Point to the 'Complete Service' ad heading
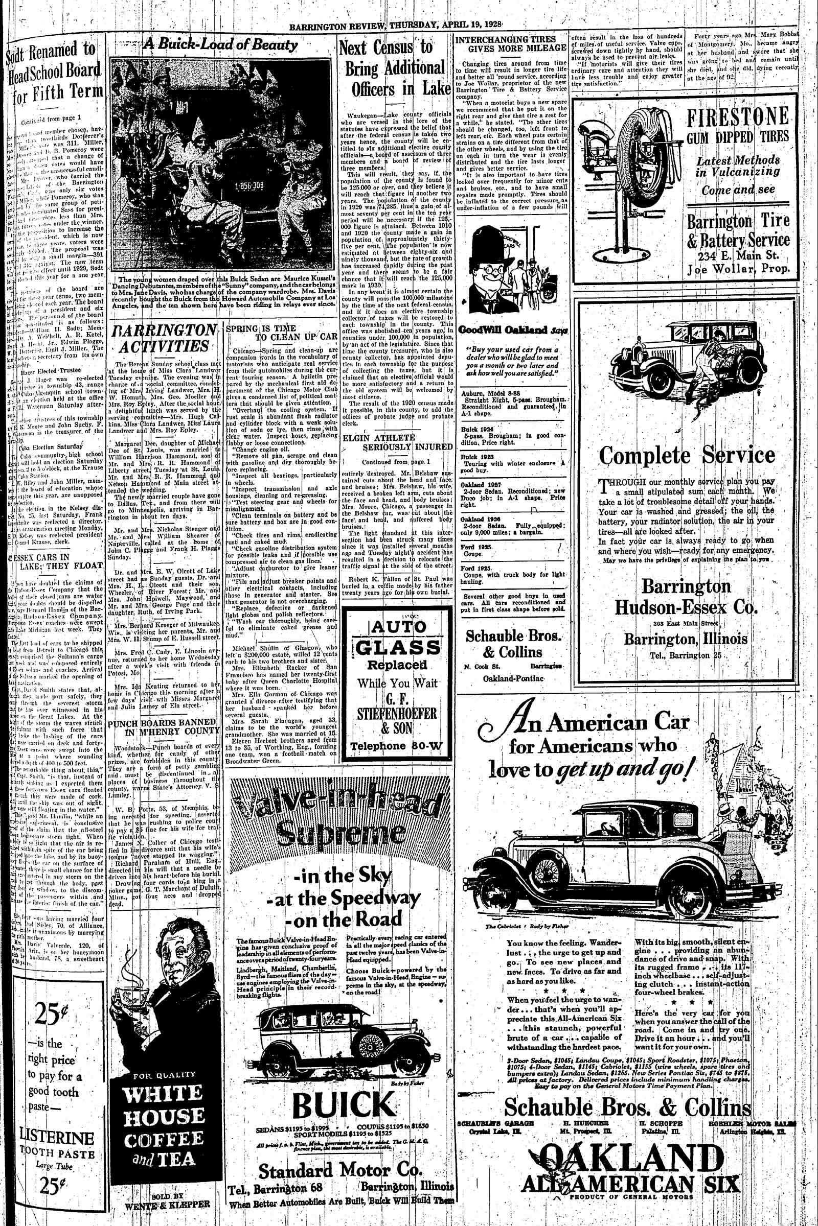[x=687, y=455]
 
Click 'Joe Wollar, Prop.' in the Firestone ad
[x=737, y=270]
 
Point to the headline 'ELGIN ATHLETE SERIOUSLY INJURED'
[x=397, y=442]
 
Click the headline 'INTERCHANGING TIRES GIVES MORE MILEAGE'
[x=510, y=44]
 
